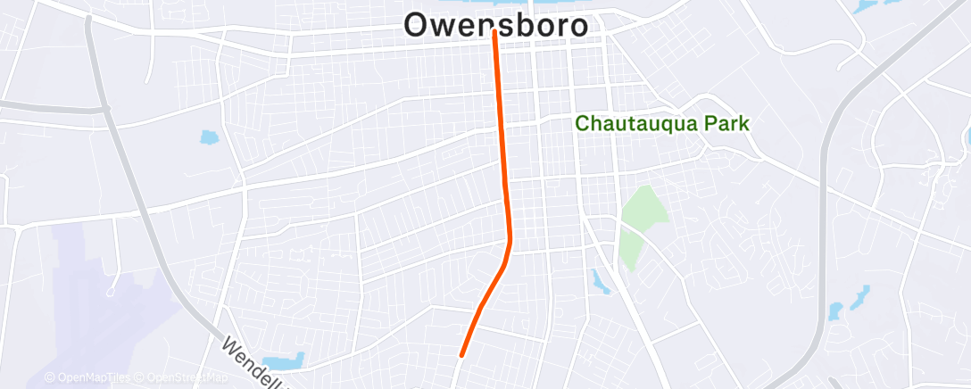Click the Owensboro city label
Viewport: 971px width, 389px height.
click(496, 25)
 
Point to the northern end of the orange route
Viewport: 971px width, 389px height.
click(494, 32)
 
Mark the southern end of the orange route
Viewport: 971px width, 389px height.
click(461, 354)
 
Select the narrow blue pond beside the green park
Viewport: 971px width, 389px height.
click(598, 282)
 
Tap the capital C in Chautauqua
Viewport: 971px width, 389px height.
click(582, 124)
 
